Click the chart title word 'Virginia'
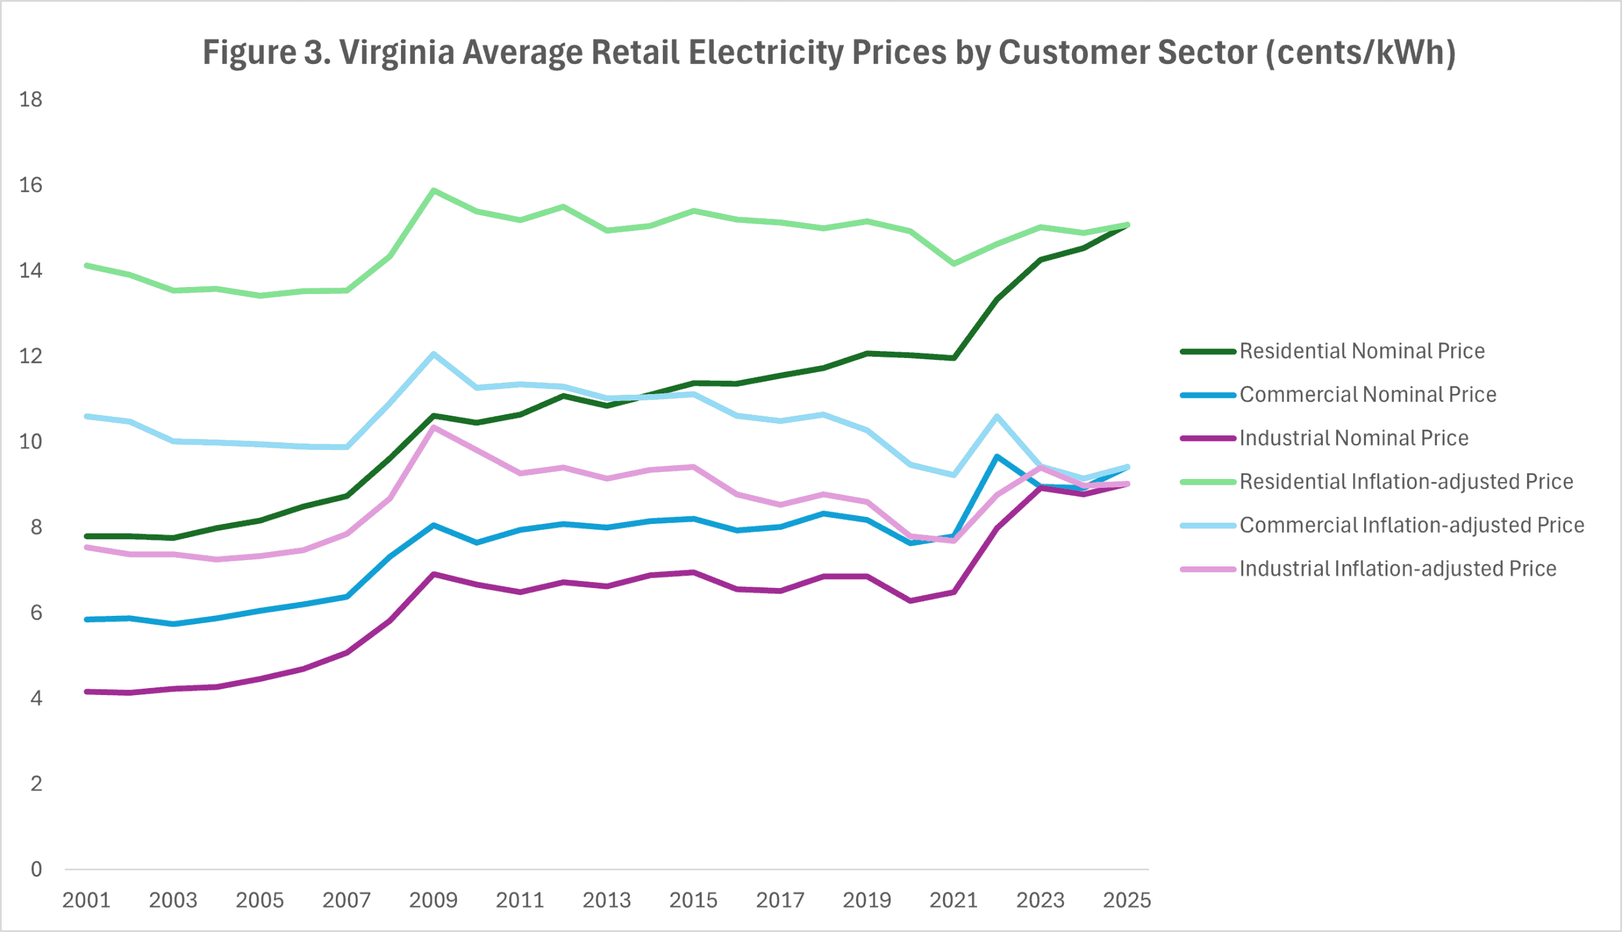pyautogui.click(x=396, y=53)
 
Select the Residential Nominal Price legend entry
pyautogui.click(x=1362, y=351)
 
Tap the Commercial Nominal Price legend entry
pyautogui.click(x=1367, y=394)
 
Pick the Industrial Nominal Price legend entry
pyautogui.click(x=1353, y=438)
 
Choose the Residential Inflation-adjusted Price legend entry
pyautogui.click(x=1406, y=482)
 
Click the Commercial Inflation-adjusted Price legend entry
pyautogui.click(x=1412, y=525)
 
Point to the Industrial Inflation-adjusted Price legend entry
pyautogui.click(x=1397, y=568)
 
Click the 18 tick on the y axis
pyautogui.click(x=30, y=99)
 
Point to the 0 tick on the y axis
pyautogui.click(x=37, y=869)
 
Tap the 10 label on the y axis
pyautogui.click(x=30, y=442)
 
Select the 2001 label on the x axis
pyautogui.click(x=86, y=900)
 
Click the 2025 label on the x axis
pyautogui.click(x=1127, y=900)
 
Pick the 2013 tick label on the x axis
pyautogui.click(x=606, y=900)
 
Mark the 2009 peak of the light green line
pyautogui.click(x=433, y=191)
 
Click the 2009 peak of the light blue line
pyautogui.click(x=433, y=354)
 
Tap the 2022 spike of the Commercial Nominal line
pyautogui.click(x=997, y=456)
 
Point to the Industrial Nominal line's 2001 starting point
pyautogui.click(x=86, y=691)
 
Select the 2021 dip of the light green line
pyautogui.click(x=954, y=263)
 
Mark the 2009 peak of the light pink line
pyautogui.click(x=433, y=427)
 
